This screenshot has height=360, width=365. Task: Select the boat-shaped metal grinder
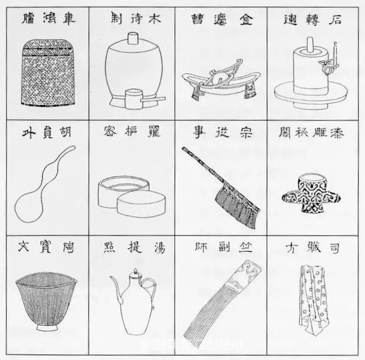click(220, 81)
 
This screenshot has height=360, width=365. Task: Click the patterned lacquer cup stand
click(309, 193)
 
